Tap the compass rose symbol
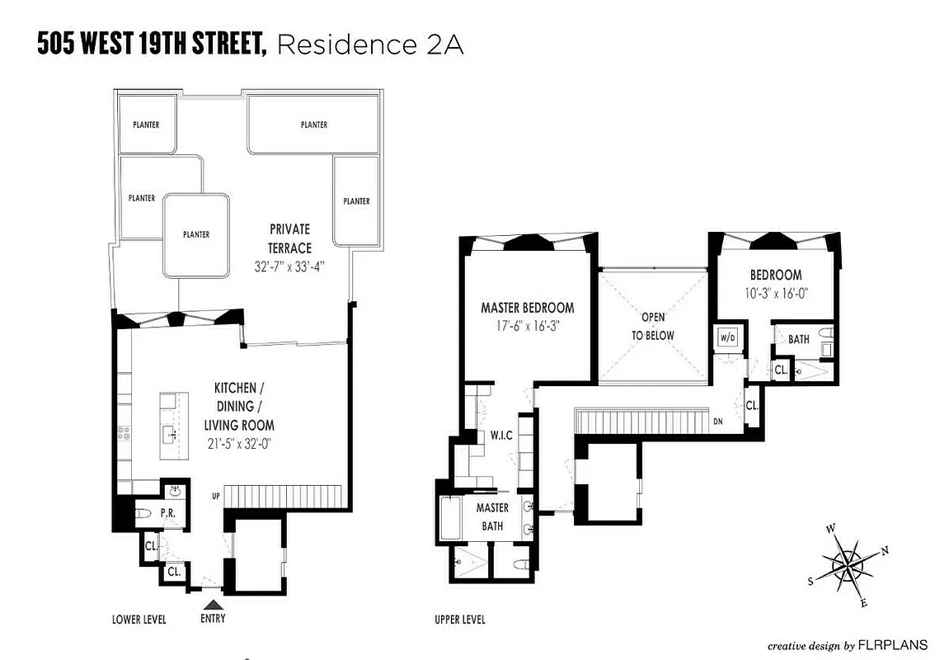(x=849, y=565)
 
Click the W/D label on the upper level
(x=728, y=338)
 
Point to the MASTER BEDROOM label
(x=528, y=308)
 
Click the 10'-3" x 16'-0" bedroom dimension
(x=775, y=291)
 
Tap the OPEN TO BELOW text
(x=653, y=326)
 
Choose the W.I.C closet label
(x=502, y=435)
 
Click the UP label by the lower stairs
(x=217, y=496)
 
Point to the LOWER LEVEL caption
(x=139, y=620)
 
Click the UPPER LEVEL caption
(x=460, y=620)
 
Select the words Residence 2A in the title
(x=370, y=45)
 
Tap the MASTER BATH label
(x=492, y=517)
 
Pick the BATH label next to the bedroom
(x=799, y=339)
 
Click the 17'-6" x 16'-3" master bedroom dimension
(x=528, y=325)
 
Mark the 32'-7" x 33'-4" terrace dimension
(x=289, y=266)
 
